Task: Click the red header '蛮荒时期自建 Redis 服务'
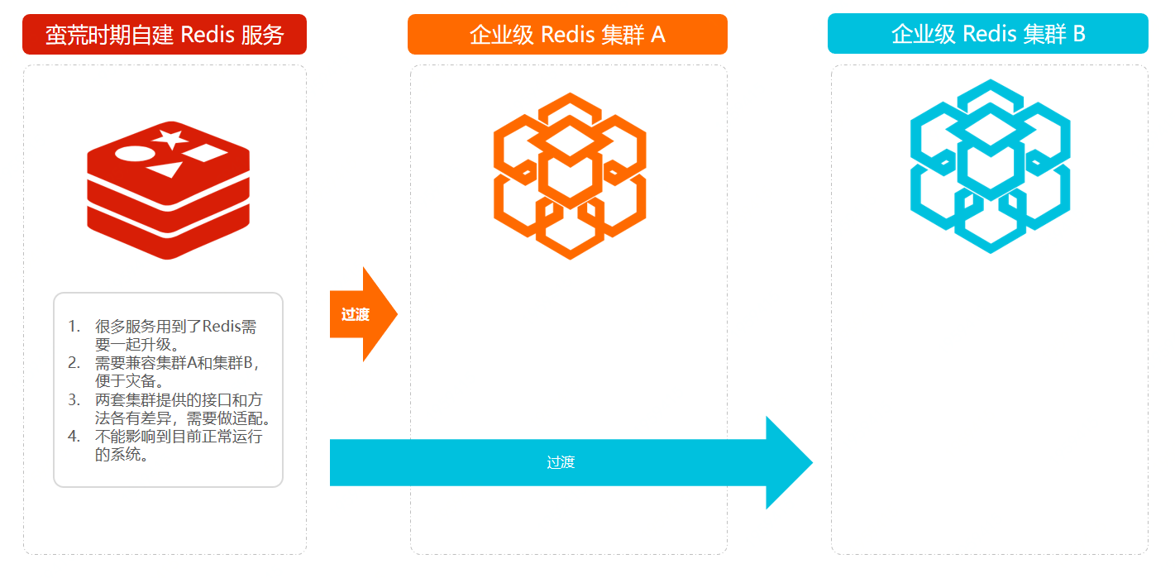click(165, 35)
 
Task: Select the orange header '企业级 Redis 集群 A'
click(567, 35)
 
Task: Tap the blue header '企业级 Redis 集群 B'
click(988, 34)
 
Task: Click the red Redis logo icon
click(169, 191)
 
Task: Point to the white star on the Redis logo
click(171, 138)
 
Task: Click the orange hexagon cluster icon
click(570, 175)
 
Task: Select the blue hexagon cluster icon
click(990, 166)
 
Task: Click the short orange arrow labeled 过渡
click(360, 314)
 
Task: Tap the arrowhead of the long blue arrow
click(787, 463)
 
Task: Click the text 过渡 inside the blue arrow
click(561, 462)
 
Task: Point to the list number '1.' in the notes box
click(74, 326)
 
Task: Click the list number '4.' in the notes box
click(74, 437)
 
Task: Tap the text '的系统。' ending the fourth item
click(122, 455)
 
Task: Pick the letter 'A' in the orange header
click(658, 35)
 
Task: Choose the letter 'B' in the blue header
click(1078, 34)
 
